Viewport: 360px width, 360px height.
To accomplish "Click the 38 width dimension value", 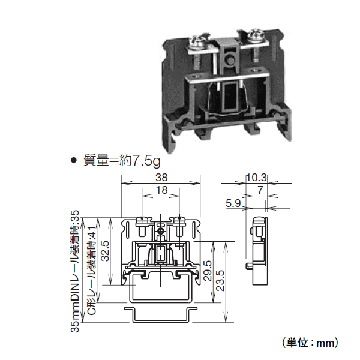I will tap(160, 178).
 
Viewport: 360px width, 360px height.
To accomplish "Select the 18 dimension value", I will tap(160, 190).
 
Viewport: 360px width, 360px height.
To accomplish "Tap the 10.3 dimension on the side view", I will tap(256, 178).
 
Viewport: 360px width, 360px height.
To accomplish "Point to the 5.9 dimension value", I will tap(233, 203).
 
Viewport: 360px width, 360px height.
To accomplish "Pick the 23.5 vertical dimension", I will tap(220, 280).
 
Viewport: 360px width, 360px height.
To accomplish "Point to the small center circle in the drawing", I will tap(160, 230).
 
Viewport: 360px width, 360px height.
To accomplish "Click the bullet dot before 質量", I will tap(74, 161).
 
